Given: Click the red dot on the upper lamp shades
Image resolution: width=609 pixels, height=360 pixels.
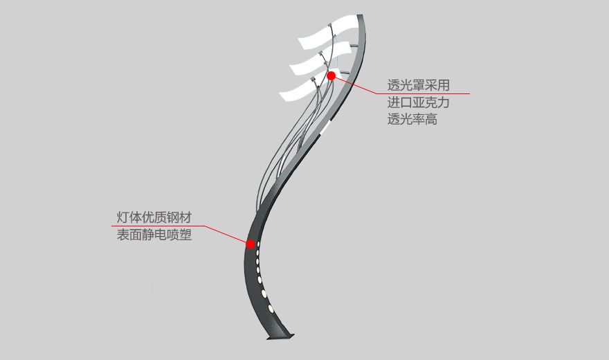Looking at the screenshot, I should pyautogui.click(x=331, y=75).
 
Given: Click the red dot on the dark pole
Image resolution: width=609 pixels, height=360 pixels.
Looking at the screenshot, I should pyautogui.click(x=251, y=244).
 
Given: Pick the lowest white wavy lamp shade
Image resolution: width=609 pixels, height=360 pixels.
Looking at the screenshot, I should pyautogui.click(x=298, y=89).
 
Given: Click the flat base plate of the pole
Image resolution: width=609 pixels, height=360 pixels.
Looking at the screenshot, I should pyautogui.click(x=280, y=337).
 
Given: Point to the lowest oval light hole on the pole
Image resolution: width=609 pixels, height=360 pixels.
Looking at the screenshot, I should pyautogui.click(x=271, y=307).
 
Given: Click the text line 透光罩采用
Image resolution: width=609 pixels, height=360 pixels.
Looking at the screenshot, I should pyautogui.click(x=419, y=86).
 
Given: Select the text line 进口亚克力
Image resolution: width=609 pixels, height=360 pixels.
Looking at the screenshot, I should pyautogui.click(x=419, y=102).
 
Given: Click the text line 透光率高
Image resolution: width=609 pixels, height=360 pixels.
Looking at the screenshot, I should pyautogui.click(x=412, y=119).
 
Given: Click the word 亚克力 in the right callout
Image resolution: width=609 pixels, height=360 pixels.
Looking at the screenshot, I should pyautogui.click(x=431, y=102).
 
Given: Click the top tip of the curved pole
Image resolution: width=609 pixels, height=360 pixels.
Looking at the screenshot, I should pyautogui.click(x=361, y=17).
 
